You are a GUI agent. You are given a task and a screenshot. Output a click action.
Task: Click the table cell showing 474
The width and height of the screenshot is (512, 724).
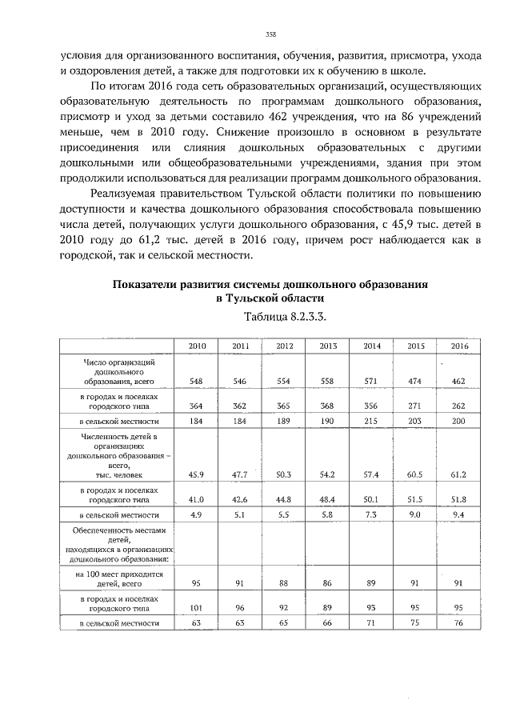[x=415, y=382]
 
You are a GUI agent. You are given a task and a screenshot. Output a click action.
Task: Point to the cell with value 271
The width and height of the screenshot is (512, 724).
[x=415, y=406]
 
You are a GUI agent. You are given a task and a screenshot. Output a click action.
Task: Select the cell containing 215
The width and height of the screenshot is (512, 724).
[x=371, y=420]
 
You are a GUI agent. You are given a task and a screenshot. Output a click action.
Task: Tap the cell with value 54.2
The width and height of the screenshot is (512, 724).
[x=327, y=474]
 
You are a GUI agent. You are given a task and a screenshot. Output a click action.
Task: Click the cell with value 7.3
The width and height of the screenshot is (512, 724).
[x=371, y=514]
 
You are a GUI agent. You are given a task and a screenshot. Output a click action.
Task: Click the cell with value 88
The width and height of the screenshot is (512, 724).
[x=284, y=584]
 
